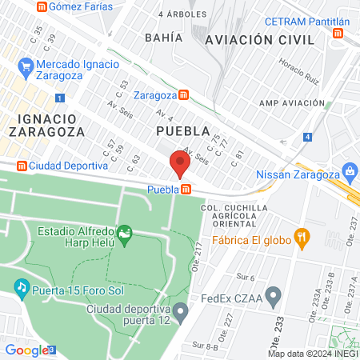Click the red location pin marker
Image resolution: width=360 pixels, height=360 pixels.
pos(179,165)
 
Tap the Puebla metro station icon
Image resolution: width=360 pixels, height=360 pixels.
pos(186,190)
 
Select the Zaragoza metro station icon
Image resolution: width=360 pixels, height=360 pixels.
pos(184,94)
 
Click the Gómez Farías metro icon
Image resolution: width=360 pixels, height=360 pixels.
pos(40,6)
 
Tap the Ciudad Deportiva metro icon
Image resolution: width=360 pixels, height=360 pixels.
pos(21,166)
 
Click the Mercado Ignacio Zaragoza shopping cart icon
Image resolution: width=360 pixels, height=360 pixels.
pos(26,65)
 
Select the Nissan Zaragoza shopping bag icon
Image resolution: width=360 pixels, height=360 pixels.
pos(349,170)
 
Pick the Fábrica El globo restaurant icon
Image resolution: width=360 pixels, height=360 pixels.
pos(302,236)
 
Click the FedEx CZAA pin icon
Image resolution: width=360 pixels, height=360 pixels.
pos(274,298)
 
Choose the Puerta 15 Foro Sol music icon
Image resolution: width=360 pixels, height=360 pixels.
pos(22,286)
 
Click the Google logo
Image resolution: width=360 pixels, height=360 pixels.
pos(26,350)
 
